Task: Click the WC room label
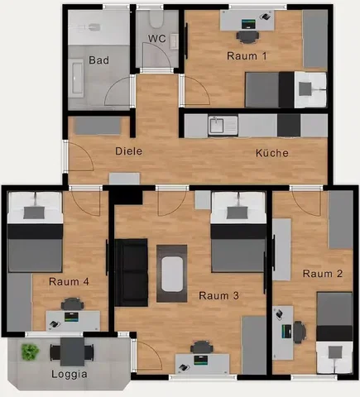click(x=157, y=38)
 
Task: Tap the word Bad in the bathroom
click(x=98, y=60)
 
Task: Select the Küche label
click(x=272, y=153)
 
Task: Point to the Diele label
click(x=128, y=151)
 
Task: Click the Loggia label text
click(x=70, y=374)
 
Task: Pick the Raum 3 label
click(x=218, y=296)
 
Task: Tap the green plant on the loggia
click(x=30, y=352)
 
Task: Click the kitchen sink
click(x=223, y=126)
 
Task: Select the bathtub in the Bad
click(x=76, y=78)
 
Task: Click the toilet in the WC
click(x=156, y=20)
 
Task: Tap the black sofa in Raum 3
click(x=132, y=273)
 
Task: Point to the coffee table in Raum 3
click(x=172, y=274)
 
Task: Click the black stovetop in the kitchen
click(x=289, y=126)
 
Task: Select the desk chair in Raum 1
click(x=248, y=36)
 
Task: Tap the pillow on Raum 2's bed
click(x=335, y=352)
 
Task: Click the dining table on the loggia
click(x=72, y=352)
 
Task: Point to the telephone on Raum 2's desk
click(x=279, y=314)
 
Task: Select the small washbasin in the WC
click(x=174, y=41)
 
